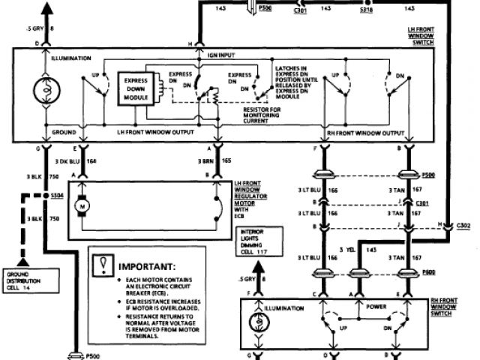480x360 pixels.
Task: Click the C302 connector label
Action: (463, 224)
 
